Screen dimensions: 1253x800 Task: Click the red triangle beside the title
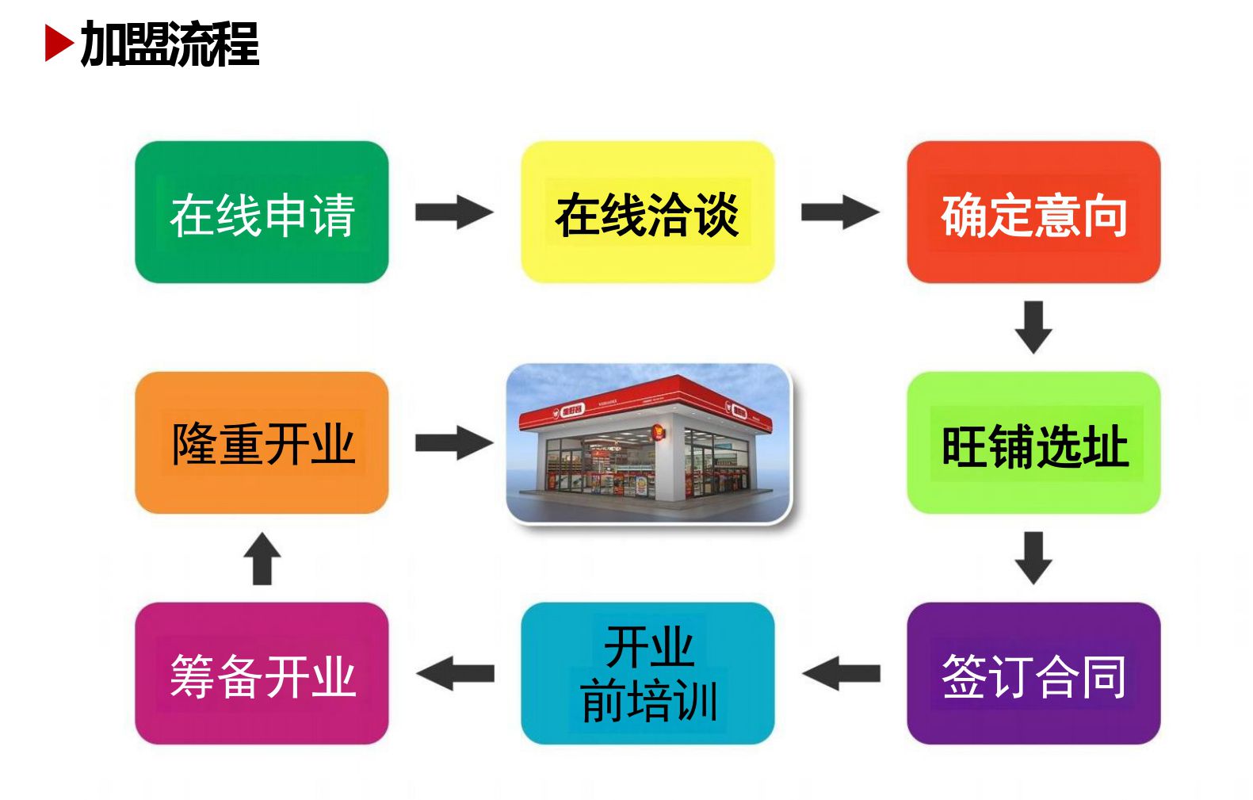(x=58, y=43)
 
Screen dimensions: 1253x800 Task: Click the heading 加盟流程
(x=170, y=44)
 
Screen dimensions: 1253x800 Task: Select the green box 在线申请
(x=262, y=212)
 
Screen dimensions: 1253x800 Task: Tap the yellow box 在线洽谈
(x=648, y=212)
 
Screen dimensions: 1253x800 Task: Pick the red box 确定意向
(x=1033, y=212)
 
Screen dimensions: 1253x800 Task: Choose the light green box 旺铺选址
(x=1033, y=442)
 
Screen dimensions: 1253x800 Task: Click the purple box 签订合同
(x=1033, y=674)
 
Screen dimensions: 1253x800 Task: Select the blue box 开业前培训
(x=648, y=674)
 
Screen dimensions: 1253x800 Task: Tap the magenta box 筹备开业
(x=262, y=674)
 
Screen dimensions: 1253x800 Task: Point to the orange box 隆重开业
(x=262, y=442)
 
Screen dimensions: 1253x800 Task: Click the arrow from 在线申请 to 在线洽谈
(x=454, y=212)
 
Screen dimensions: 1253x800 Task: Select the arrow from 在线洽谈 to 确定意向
(x=840, y=212)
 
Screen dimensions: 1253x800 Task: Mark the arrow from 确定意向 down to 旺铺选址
(x=1033, y=327)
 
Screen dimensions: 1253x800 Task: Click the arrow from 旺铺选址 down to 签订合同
(x=1033, y=558)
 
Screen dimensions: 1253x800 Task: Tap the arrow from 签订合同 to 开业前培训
(x=842, y=674)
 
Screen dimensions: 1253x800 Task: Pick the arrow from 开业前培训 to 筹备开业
(x=456, y=674)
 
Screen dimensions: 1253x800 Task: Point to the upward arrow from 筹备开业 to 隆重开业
(x=262, y=558)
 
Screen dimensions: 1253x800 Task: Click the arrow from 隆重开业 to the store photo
(x=454, y=443)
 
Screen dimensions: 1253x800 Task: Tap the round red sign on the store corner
(x=659, y=432)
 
